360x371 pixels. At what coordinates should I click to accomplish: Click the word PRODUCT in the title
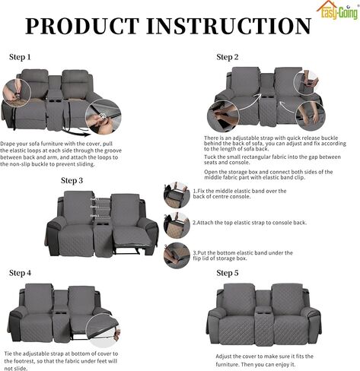(82, 26)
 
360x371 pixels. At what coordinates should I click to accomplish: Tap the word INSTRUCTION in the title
(229, 26)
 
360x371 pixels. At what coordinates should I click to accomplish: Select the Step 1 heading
(20, 57)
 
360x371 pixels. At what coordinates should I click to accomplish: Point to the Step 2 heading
(228, 57)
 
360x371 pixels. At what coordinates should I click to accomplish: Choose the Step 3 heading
(72, 180)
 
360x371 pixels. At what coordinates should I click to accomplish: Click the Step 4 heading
(20, 273)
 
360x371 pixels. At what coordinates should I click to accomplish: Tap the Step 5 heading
(228, 273)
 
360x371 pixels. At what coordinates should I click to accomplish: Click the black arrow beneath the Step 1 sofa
(76, 133)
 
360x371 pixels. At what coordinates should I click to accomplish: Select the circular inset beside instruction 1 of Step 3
(177, 195)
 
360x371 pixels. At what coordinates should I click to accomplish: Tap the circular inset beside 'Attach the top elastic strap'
(177, 225)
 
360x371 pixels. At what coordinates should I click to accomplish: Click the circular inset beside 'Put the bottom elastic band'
(177, 255)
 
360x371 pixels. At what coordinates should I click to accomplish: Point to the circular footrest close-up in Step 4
(103, 331)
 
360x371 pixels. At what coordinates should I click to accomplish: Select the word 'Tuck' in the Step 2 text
(209, 157)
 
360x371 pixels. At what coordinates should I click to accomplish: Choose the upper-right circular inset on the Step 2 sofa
(307, 83)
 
